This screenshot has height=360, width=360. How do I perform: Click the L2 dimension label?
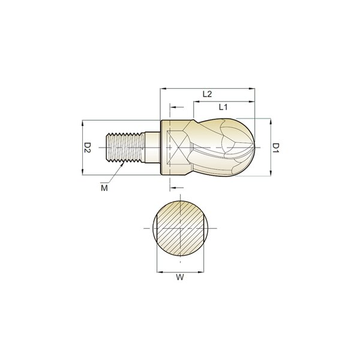click(x=208, y=94)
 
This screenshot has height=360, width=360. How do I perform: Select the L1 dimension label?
click(x=223, y=107)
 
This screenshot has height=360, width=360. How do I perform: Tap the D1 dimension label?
click(x=275, y=148)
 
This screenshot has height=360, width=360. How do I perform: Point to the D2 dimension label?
click(x=88, y=148)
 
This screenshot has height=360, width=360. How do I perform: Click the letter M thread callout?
click(x=104, y=188)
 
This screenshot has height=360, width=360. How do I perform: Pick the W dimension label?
click(x=180, y=277)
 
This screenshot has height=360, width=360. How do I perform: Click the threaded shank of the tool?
click(x=125, y=148)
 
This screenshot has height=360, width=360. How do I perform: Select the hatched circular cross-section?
click(x=180, y=228)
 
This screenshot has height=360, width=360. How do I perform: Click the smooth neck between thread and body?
click(x=152, y=147)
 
